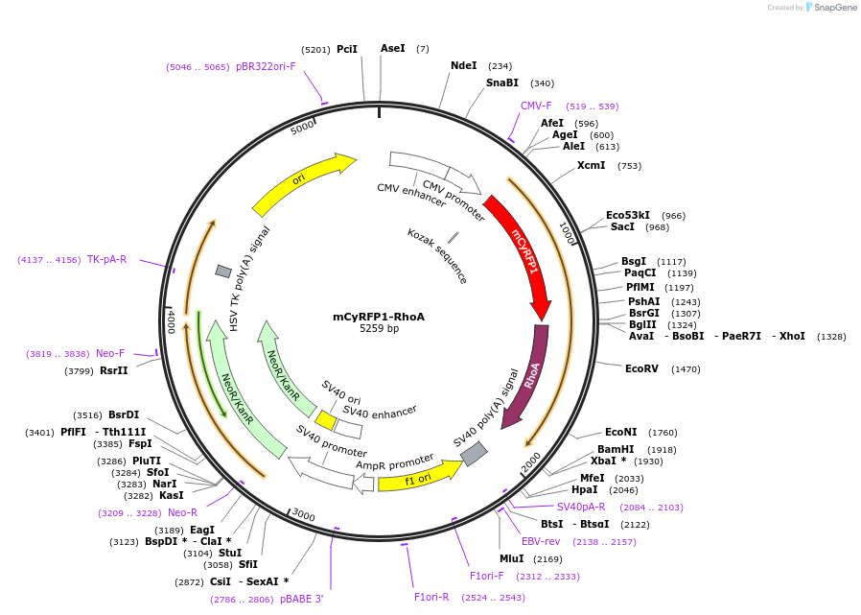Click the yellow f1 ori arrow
pos(418,477)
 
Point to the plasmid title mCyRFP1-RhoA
pos(379,317)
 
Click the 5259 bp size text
pos(379,329)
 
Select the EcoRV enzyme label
pos(641,368)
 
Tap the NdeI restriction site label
pos(463,66)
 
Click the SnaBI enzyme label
pos(501,83)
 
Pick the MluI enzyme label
pos(511,558)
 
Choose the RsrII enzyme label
pos(113,370)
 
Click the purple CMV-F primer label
pos(536,106)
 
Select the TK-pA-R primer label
pos(106,259)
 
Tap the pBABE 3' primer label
pos(301,599)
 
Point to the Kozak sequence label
pos(437,256)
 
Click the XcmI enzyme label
pos(591,165)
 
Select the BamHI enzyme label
pos(615,449)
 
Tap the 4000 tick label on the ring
pos(171,320)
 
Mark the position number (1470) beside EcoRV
pos(686,369)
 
